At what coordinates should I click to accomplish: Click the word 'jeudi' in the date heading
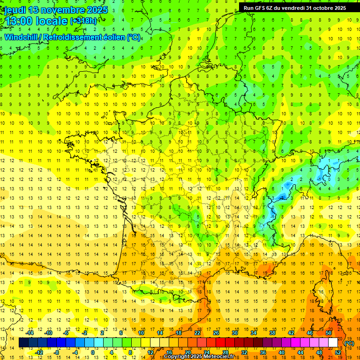pyautogui.click(x=15, y=10)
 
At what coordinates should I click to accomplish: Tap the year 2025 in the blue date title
pyautogui.click(x=95, y=10)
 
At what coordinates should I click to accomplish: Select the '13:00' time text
pyautogui.click(x=17, y=21)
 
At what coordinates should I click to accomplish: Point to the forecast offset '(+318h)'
pyautogui.click(x=83, y=21)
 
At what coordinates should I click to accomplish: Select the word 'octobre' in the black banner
pyautogui.click(x=321, y=7)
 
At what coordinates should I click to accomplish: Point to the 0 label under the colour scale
pyautogui.click(x=93, y=352)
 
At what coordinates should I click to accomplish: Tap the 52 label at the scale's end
pyautogui.click(x=338, y=352)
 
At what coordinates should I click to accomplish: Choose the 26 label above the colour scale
pyautogui.click(x=216, y=333)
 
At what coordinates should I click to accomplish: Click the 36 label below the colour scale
pyautogui.click(x=263, y=352)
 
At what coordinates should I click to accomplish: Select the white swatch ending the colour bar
pyautogui.click(x=333, y=343)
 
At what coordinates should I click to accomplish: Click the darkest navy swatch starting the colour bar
pyautogui.click(x=23, y=343)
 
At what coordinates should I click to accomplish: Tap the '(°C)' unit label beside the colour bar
pyautogui.click(x=349, y=343)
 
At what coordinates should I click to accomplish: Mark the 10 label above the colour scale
pyautogui.click(x=141, y=333)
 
